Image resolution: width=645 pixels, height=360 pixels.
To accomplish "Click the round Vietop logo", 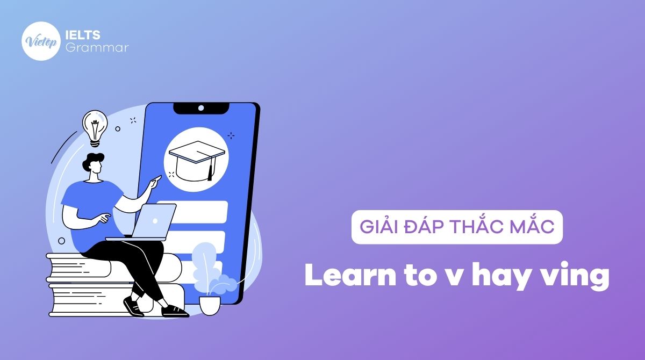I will [40, 40].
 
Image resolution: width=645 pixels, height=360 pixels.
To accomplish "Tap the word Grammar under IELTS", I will [96, 47].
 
